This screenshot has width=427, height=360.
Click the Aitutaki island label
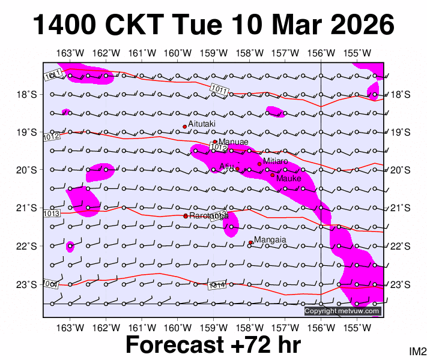click(x=202, y=124)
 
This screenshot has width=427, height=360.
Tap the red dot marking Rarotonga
click(x=185, y=216)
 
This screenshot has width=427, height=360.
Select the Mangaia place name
click(x=270, y=240)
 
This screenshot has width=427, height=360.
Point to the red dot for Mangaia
click(x=250, y=242)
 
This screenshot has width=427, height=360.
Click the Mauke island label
click(x=289, y=178)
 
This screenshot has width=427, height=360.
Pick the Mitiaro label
click(x=276, y=161)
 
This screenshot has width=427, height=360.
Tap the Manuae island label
click(x=233, y=142)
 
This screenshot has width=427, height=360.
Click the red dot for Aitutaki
click(x=184, y=127)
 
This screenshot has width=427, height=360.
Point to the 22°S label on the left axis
click(x=30, y=246)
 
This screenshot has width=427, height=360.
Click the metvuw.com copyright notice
click(x=342, y=311)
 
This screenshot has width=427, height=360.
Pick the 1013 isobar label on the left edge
click(x=52, y=213)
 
